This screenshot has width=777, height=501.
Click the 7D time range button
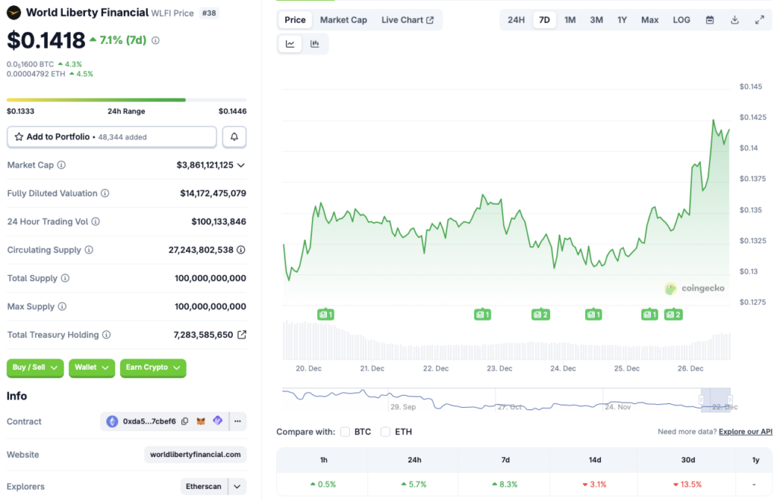click(544, 20)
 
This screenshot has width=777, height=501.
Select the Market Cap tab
click(343, 20)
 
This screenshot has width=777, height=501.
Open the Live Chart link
click(407, 20)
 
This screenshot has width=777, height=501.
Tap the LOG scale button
click(681, 20)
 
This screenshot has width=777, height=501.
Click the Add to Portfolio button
click(112, 137)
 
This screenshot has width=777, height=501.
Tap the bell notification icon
click(234, 137)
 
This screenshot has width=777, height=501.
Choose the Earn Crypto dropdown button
click(153, 368)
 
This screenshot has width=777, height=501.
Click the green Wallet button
click(92, 368)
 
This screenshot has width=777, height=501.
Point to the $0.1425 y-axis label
click(753, 117)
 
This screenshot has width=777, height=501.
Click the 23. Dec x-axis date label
click(499, 368)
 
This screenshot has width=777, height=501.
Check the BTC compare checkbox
click(345, 432)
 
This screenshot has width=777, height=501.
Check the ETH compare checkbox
click(385, 432)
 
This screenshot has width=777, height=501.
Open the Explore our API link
click(745, 432)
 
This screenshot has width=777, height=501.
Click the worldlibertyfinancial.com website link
click(195, 455)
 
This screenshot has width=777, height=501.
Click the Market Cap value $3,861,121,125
click(205, 165)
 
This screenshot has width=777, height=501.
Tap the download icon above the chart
click(735, 20)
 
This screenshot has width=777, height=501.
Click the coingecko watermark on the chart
click(694, 288)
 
